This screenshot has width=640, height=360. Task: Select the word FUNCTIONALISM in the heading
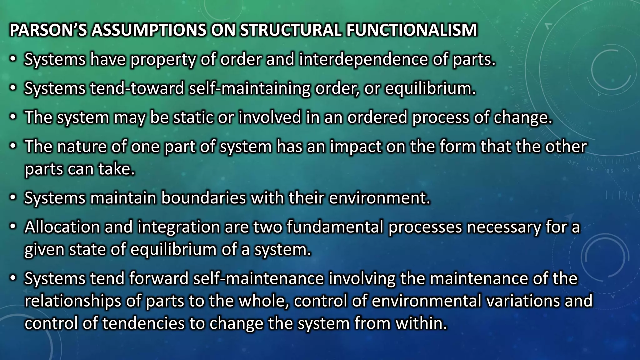click(x=412, y=30)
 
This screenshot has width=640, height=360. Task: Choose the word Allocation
click(x=62, y=227)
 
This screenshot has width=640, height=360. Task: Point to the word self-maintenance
click(x=258, y=278)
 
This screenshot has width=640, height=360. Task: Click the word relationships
click(x=72, y=301)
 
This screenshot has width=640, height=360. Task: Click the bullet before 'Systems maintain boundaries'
click(x=12, y=198)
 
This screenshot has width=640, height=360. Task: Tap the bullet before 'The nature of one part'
click(x=12, y=147)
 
